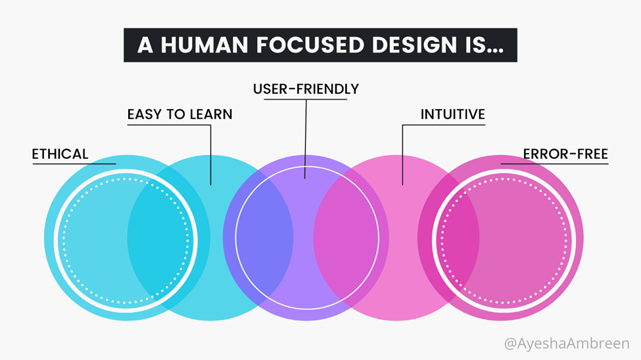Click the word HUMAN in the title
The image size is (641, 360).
click(204, 45)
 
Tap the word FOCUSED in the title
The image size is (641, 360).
click(310, 45)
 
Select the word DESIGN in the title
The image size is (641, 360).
click(414, 45)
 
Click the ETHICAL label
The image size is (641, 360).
click(60, 154)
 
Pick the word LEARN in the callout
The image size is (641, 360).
click(211, 114)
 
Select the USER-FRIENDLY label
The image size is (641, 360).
click(306, 89)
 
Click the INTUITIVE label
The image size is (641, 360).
click(453, 114)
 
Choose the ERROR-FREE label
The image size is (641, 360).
click(566, 154)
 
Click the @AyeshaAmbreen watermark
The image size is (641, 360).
click(567, 344)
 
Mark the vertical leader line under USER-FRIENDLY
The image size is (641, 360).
click(305, 139)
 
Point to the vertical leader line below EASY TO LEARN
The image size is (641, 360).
click(210, 155)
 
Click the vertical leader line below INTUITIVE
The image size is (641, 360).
click(402, 155)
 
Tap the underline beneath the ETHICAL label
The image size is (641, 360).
click(74, 164)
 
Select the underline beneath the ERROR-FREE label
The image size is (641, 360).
click(554, 164)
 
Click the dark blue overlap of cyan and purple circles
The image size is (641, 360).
click(258, 238)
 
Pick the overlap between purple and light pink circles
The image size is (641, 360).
click(351, 238)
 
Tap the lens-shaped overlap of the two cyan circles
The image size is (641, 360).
click(169, 238)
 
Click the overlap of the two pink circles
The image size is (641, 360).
click(448, 238)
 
